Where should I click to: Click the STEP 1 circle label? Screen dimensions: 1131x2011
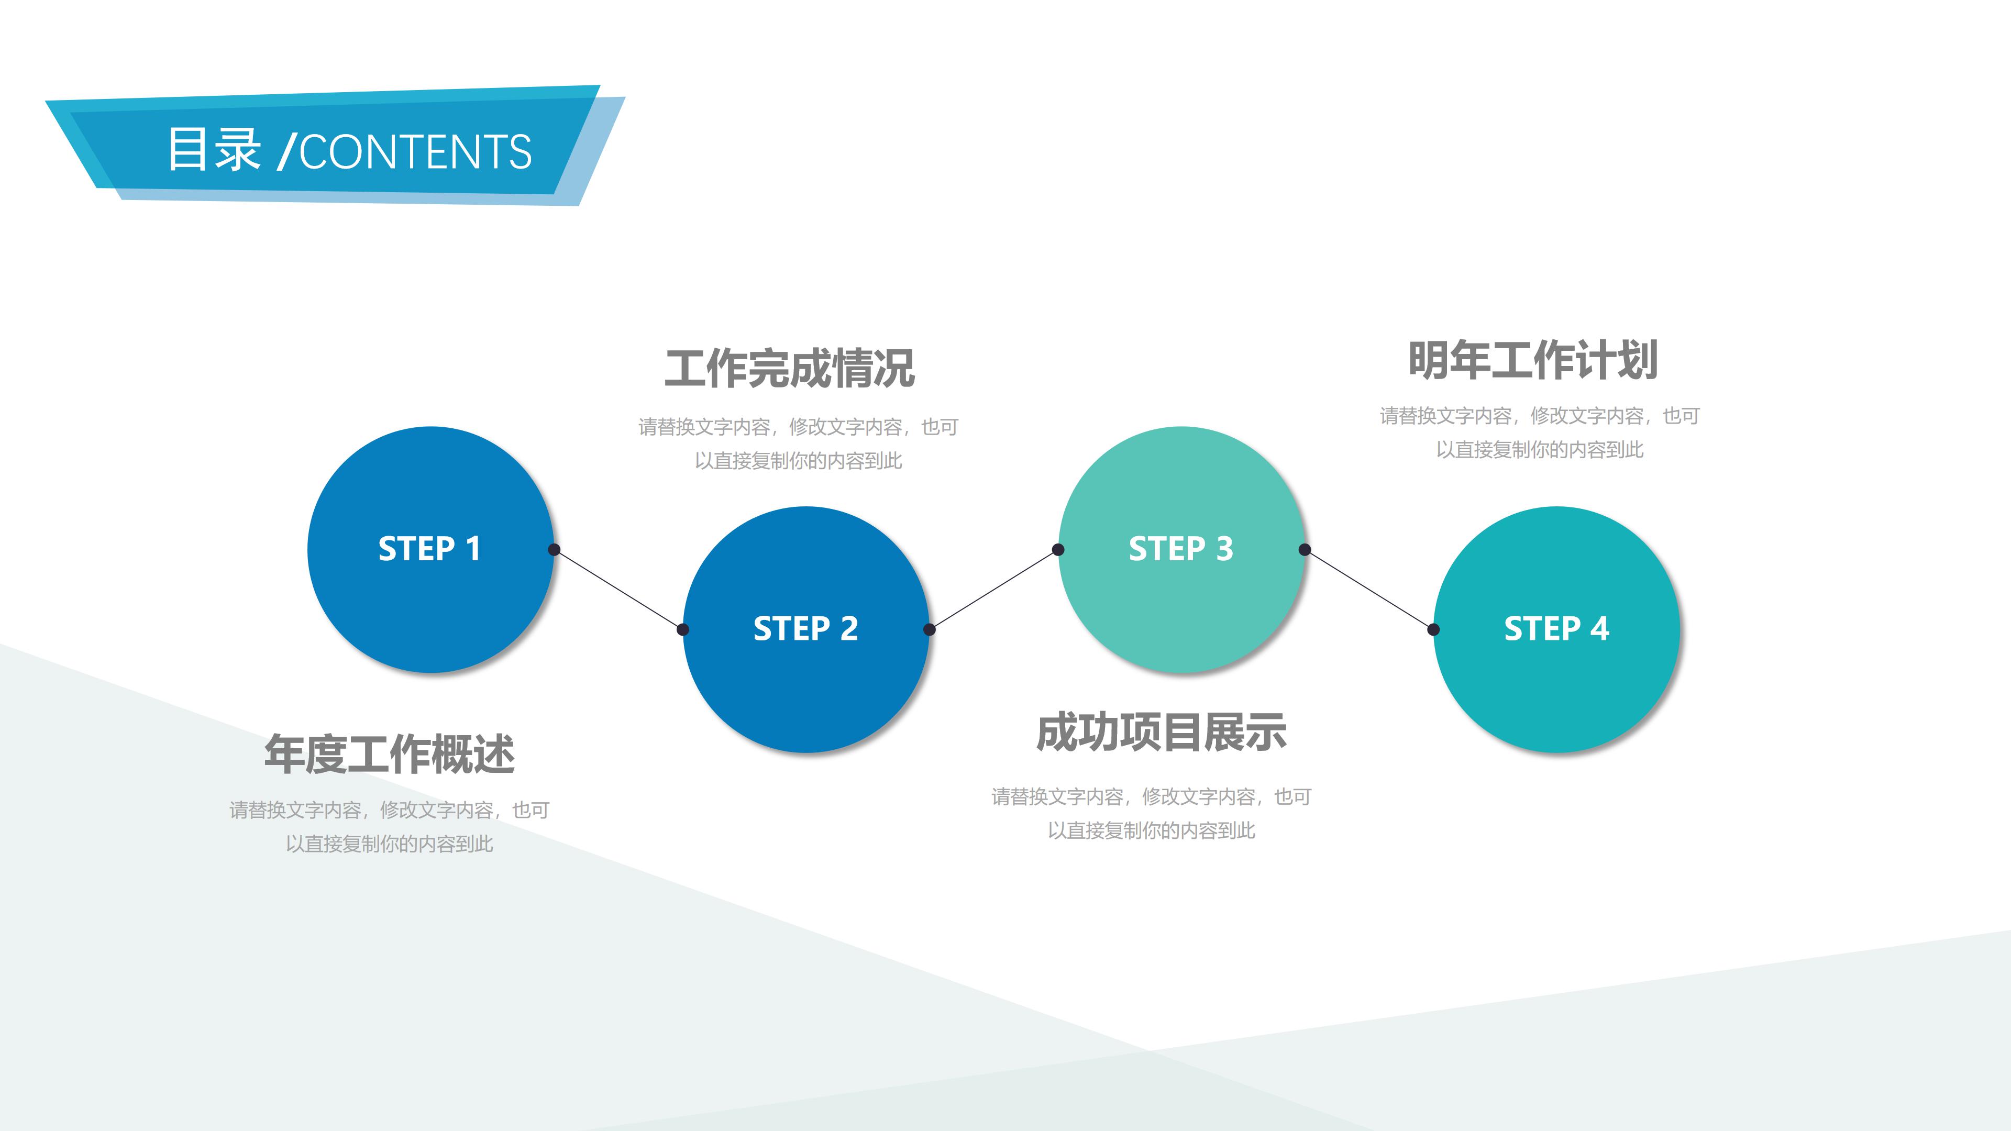tap(429, 549)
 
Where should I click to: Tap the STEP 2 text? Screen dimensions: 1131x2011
tap(805, 629)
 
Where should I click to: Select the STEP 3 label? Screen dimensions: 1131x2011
tap(1180, 549)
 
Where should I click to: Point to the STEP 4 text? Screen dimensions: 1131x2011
tap(1556, 629)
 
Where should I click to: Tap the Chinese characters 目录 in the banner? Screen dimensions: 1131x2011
tap(214, 149)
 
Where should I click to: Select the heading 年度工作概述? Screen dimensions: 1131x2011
tap(390, 754)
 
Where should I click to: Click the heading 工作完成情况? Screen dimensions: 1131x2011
tap(789, 369)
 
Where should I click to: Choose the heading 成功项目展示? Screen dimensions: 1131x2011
tap(1161, 733)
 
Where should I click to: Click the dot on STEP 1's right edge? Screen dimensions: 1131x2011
tap(554, 549)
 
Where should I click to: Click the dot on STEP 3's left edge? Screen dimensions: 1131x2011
tap(1058, 549)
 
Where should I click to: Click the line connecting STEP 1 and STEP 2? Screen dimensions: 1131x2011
tap(618, 589)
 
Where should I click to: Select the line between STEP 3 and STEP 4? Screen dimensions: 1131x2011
tap(1368, 589)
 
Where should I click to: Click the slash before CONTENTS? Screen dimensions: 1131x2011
tap(286, 151)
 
